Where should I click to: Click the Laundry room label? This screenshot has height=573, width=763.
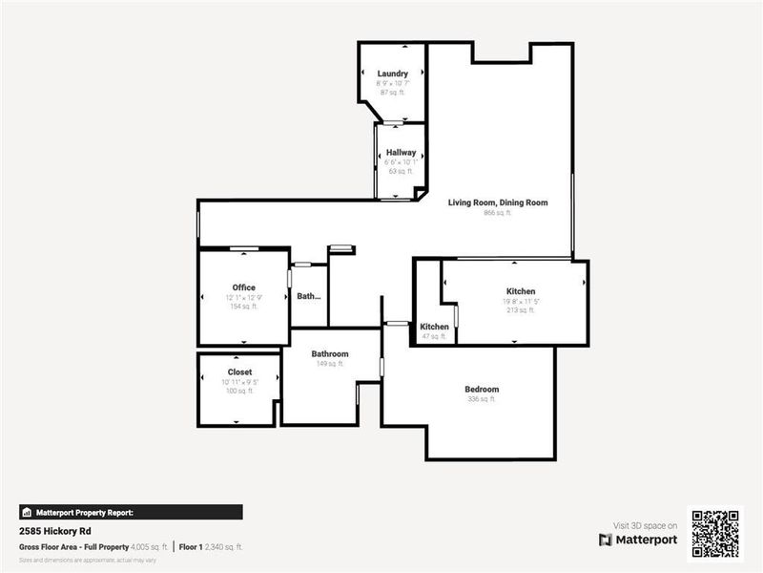(393, 74)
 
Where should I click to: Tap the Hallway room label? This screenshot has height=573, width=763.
(401, 153)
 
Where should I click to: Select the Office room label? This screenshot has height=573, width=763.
(243, 287)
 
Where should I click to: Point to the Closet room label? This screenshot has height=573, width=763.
(239, 371)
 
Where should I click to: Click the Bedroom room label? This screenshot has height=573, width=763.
(482, 390)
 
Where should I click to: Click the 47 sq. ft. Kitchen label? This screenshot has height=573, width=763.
(435, 327)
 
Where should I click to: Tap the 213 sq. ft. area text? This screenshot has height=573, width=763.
(521, 310)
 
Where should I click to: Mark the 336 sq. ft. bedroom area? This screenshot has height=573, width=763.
(482, 400)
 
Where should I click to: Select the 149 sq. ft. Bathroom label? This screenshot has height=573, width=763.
(330, 354)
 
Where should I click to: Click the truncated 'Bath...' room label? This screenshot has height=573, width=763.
(309, 296)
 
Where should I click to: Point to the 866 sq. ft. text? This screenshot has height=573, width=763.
(498, 213)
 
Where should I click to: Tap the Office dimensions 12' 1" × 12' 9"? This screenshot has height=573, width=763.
(243, 298)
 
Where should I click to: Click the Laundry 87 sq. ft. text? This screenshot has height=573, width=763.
(393, 93)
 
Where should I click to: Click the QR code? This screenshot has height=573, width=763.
(715, 533)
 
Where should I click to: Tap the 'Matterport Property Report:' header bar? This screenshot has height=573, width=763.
(131, 512)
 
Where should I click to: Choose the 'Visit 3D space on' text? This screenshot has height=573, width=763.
(645, 525)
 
